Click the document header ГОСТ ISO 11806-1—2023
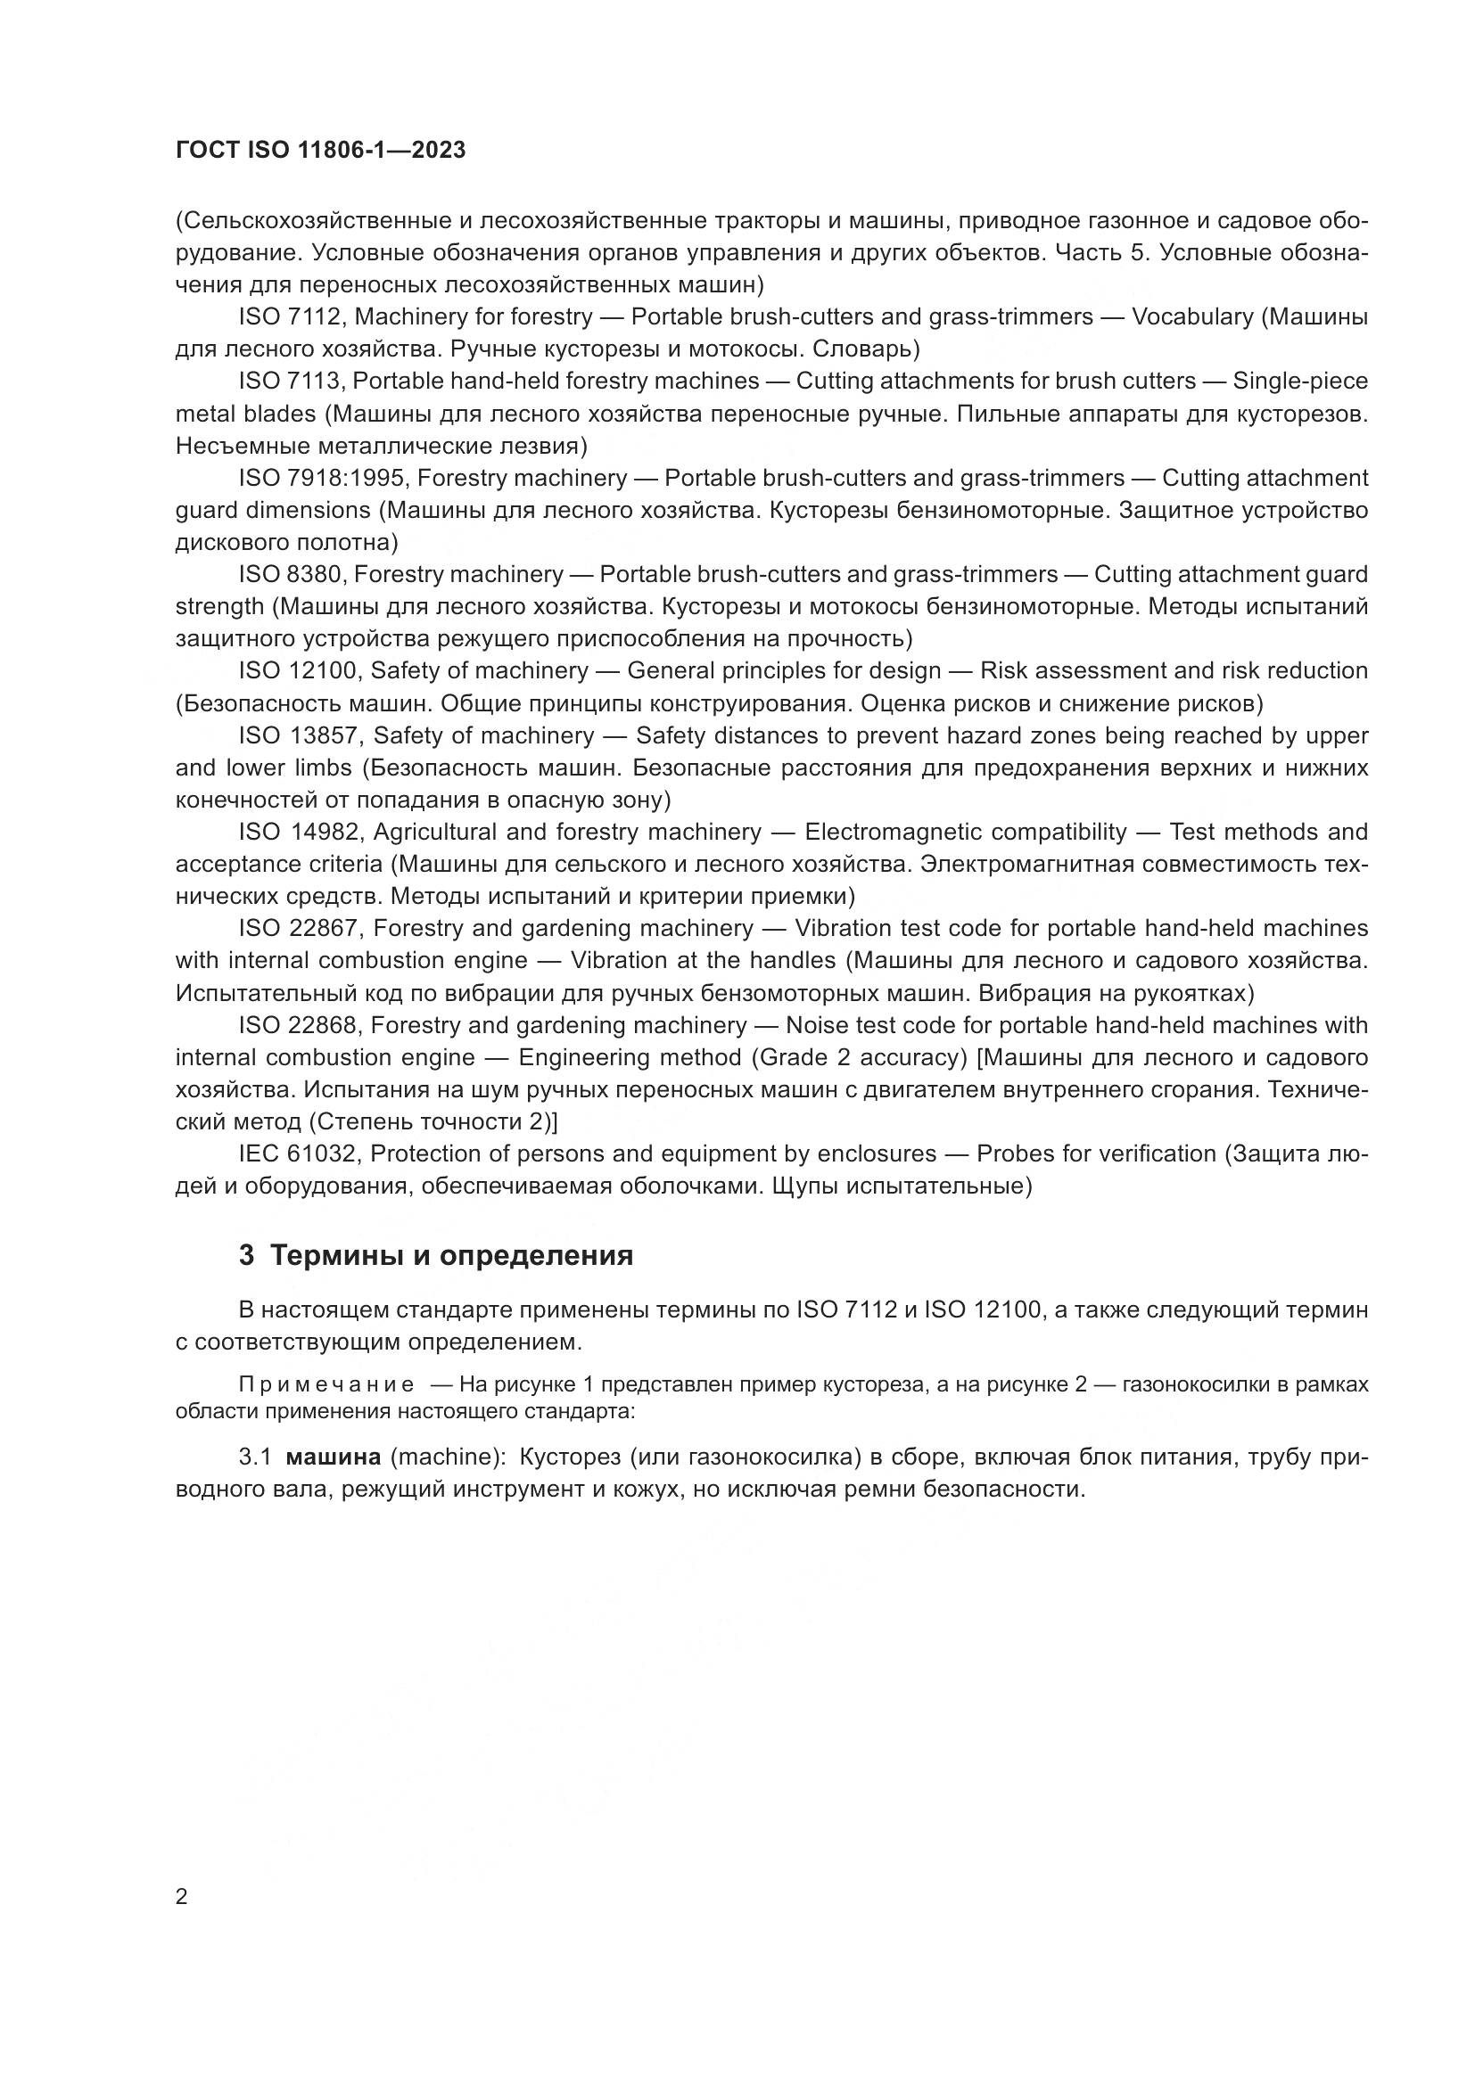click(x=320, y=151)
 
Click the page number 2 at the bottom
click(x=182, y=1897)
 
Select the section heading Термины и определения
click(x=451, y=1256)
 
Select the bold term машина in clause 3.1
click(x=334, y=1457)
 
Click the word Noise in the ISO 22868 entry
click(x=816, y=1025)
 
